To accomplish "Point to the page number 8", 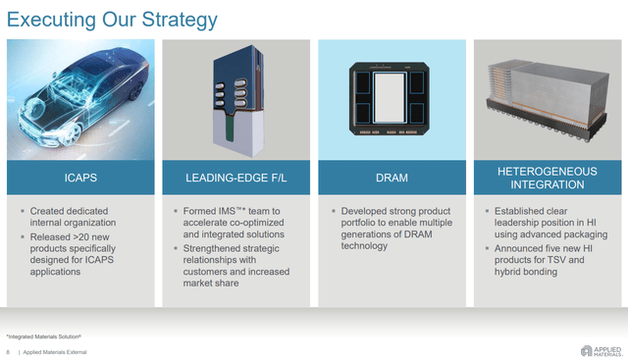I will point(8,351).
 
